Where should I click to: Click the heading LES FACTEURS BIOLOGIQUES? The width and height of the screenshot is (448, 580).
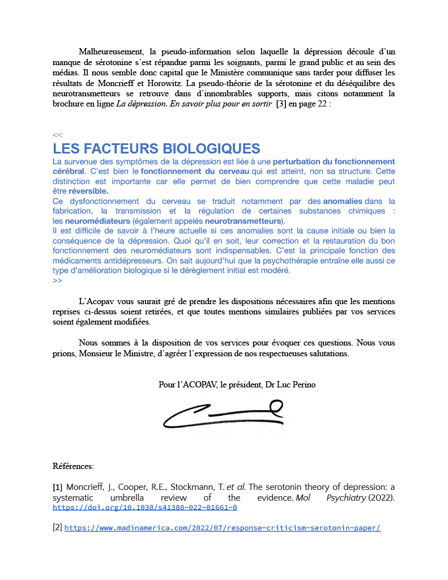point(156,149)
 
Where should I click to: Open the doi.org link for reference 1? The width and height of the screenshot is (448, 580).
point(144,507)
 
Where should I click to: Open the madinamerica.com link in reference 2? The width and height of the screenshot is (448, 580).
point(222,528)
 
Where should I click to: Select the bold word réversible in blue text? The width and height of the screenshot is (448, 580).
point(88,191)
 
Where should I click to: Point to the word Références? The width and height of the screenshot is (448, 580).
point(73,466)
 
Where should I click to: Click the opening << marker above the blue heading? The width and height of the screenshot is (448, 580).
point(57,135)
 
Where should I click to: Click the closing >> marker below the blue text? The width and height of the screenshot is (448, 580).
point(57,280)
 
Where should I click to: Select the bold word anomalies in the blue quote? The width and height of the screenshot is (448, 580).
point(343,201)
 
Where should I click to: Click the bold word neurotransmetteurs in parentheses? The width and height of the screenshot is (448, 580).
point(243,220)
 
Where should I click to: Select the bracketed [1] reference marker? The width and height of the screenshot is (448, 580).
point(58,487)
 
